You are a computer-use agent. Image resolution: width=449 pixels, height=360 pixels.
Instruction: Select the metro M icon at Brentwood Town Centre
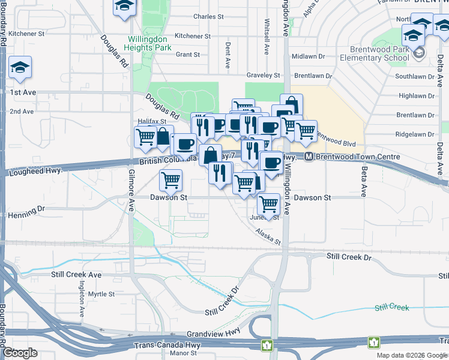click(x=309, y=157)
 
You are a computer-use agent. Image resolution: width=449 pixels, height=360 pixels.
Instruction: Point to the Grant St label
click(x=188, y=55)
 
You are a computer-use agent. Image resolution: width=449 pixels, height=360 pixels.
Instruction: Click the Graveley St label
click(x=264, y=76)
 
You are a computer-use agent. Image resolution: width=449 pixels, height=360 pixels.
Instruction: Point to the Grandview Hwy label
click(x=214, y=332)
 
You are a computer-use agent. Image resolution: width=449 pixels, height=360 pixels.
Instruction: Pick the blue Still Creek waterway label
click(x=391, y=307)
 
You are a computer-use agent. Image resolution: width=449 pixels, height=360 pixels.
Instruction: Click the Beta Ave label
click(x=364, y=182)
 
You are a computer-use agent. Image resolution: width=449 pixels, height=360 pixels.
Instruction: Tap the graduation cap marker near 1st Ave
click(x=20, y=69)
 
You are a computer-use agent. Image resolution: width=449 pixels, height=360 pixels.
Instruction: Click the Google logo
click(x=20, y=353)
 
